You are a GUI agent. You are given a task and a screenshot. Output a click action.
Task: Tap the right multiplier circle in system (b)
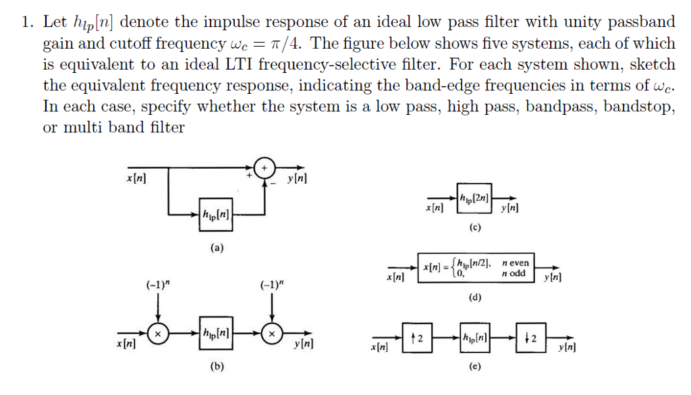tap(272, 334)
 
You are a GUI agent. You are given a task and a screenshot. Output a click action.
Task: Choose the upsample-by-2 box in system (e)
tap(415, 337)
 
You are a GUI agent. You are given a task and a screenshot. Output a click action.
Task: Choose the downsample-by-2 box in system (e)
tap(530, 337)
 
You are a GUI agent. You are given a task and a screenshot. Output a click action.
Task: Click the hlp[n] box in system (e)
tap(472, 337)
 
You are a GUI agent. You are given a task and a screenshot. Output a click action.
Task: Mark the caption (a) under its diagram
tap(216, 248)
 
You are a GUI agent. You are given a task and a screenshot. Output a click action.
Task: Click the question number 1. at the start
tap(28, 22)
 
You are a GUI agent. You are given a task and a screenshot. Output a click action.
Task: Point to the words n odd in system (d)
tap(514, 273)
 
